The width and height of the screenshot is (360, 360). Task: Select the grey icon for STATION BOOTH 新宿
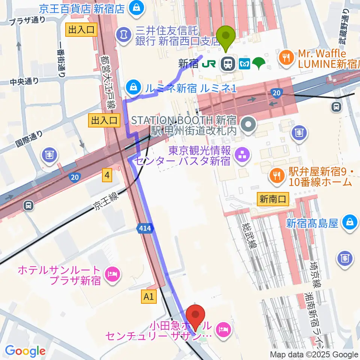tap(247, 125)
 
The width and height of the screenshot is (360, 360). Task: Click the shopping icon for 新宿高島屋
tap(349, 223)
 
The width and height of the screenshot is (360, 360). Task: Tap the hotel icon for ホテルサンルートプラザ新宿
tap(112, 275)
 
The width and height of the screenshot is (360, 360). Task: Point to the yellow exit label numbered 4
tap(108, 175)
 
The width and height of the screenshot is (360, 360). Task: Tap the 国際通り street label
tap(30, 138)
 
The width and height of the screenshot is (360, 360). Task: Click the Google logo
tap(25, 351)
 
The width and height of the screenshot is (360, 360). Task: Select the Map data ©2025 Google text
tap(314, 354)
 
